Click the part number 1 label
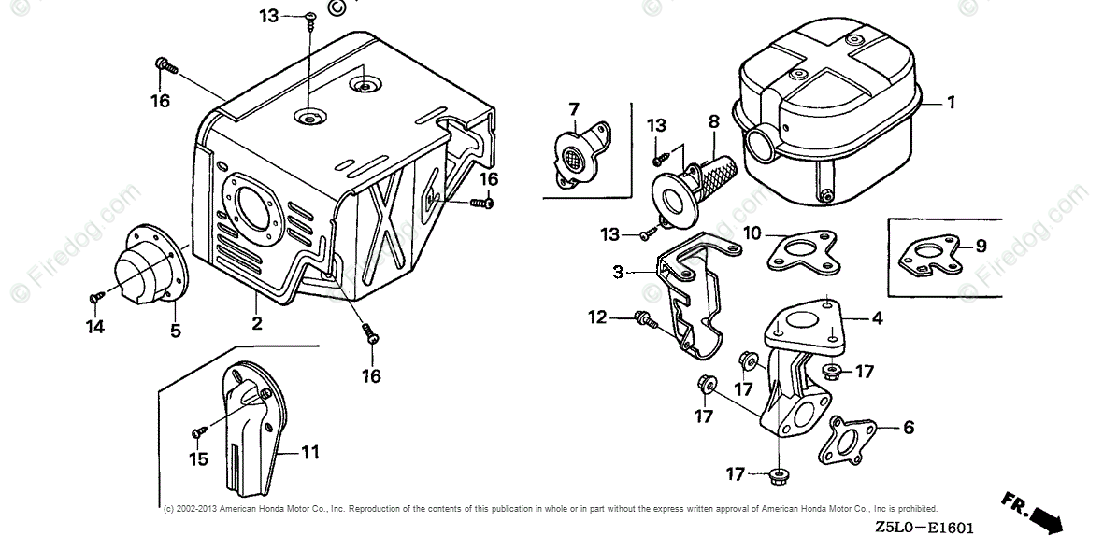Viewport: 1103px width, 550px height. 952,103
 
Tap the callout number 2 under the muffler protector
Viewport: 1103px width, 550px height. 256,324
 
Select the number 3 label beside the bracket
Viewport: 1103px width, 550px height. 618,272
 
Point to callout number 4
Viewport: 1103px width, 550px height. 877,318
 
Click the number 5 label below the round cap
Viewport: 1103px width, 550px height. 176,330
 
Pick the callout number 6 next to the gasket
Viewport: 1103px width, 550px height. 908,428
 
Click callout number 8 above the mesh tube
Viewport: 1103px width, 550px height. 713,120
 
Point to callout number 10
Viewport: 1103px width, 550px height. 752,232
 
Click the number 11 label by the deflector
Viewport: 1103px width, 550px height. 310,452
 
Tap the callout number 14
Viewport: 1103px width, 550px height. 95,326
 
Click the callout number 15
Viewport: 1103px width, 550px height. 197,458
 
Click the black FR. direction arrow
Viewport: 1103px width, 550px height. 1039,515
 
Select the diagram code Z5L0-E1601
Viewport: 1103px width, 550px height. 924,529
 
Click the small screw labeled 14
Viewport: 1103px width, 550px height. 94,298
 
